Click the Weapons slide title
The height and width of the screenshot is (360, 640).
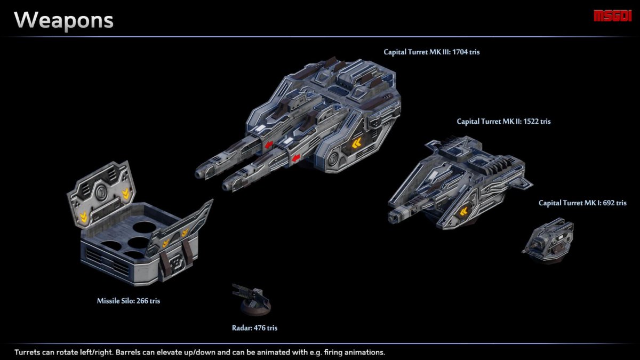(63, 21)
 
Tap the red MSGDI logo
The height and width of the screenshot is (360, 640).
(612, 16)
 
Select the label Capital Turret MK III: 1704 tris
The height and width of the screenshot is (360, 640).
(431, 52)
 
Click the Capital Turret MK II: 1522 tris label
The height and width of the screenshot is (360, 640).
(503, 122)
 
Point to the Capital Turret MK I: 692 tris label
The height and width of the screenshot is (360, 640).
(582, 203)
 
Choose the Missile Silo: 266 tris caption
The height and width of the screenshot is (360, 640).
(129, 301)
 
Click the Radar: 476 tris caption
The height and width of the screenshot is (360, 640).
(254, 327)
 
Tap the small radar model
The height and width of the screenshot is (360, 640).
(252, 299)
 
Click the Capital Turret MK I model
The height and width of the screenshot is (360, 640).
(548, 240)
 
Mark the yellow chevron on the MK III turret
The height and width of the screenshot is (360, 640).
(357, 143)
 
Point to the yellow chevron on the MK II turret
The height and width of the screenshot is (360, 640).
(463, 211)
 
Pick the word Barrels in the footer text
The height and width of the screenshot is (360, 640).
(129, 353)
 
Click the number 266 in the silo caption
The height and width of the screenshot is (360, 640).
(142, 301)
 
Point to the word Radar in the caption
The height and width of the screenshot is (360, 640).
(242, 327)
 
